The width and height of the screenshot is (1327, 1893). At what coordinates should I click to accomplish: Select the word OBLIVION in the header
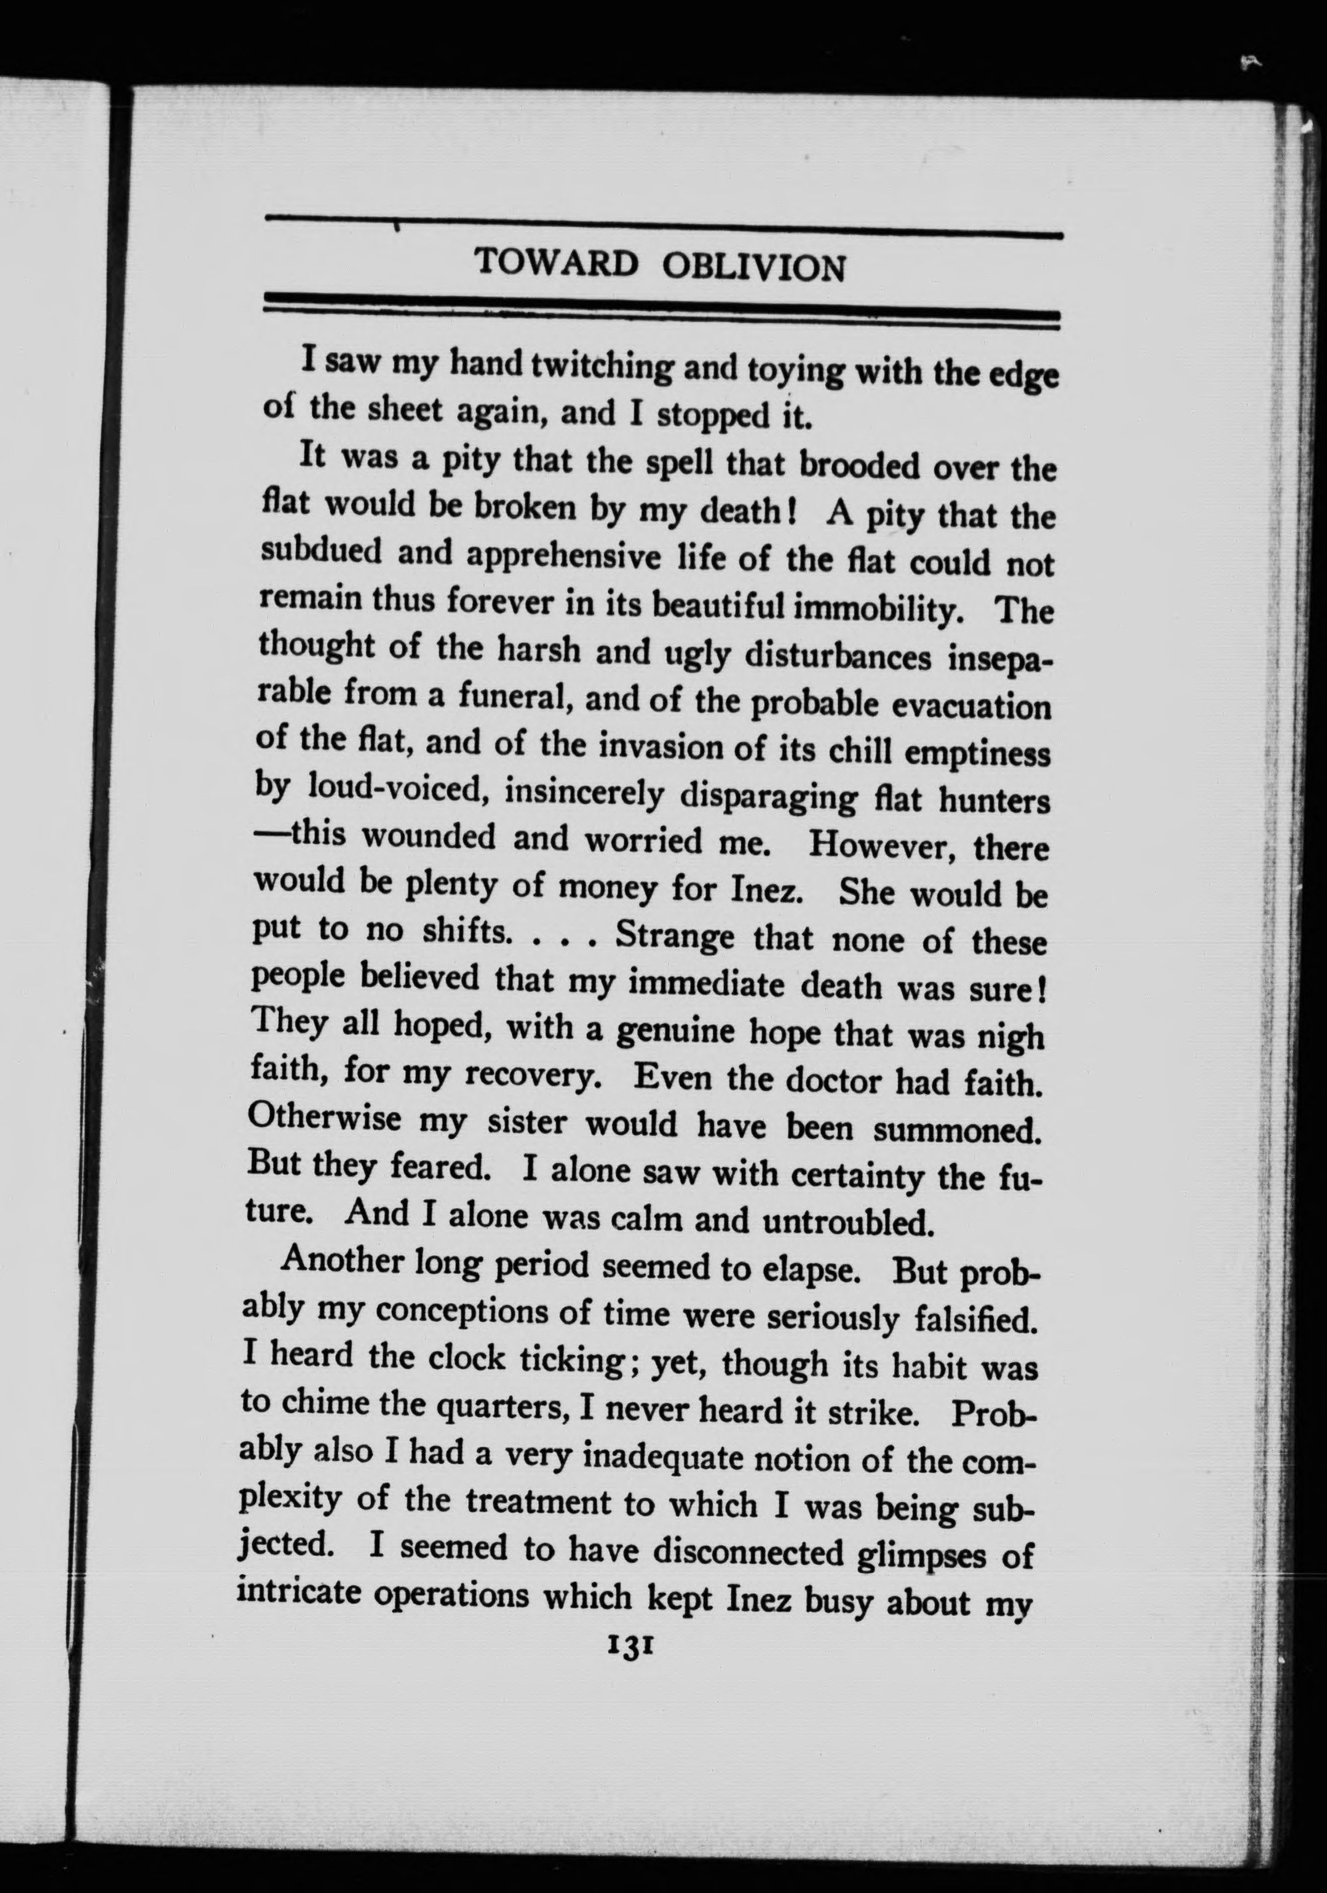pos(753,268)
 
